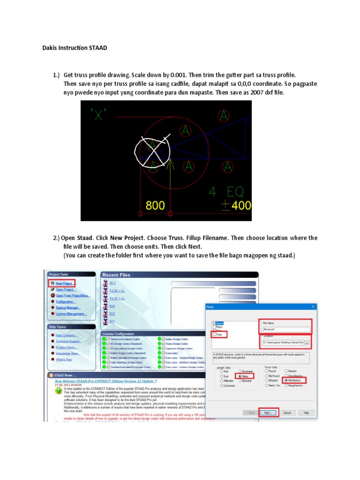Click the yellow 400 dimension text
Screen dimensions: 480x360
(239, 205)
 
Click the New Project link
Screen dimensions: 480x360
(64, 284)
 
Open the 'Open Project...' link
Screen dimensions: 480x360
(66, 290)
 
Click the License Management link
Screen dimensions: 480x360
(71, 314)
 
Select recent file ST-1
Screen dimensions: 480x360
(112, 284)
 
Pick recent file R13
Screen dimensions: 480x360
(112, 314)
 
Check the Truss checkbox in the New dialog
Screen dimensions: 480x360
(215, 335)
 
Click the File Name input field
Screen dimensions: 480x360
(284, 330)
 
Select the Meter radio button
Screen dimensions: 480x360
(240, 376)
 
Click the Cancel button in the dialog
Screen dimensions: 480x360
(287, 413)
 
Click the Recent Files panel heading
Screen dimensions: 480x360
(117, 275)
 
